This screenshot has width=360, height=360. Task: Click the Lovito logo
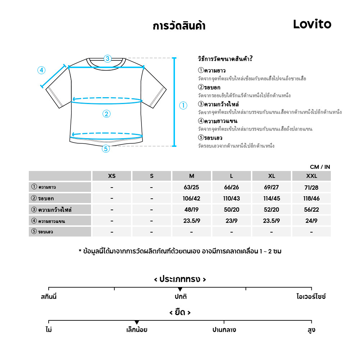click(312, 24)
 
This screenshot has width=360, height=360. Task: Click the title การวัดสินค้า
click(179, 26)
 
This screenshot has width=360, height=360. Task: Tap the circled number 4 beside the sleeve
click(41, 70)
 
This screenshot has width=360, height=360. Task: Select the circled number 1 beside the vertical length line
click(183, 105)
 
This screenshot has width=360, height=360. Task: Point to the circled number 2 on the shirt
click(106, 114)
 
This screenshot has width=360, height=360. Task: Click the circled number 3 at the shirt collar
click(107, 59)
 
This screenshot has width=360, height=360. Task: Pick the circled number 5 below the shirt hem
click(105, 148)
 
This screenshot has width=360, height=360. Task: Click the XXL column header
click(311, 176)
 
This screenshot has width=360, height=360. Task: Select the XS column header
click(112, 176)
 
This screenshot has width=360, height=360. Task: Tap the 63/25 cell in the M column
click(192, 187)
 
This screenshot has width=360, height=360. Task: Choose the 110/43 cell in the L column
click(231, 198)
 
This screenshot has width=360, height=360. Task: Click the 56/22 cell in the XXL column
click(311, 210)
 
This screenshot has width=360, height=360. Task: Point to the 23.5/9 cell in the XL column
click(271, 221)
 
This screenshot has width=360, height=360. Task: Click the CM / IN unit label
click(320, 167)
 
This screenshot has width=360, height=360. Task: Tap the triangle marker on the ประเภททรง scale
click(180, 289)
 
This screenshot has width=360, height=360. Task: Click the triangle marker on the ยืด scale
click(136, 322)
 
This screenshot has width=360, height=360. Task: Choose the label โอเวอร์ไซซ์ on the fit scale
click(311, 297)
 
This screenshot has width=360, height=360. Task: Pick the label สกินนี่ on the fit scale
click(49, 297)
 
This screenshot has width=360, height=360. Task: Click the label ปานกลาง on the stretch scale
click(224, 330)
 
